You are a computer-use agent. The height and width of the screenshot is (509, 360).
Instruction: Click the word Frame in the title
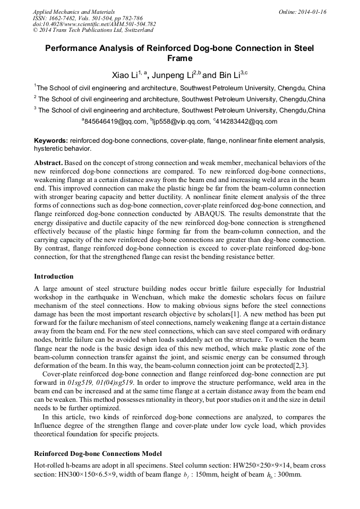[179, 58]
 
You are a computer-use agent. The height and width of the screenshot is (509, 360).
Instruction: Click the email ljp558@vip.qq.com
[182, 122]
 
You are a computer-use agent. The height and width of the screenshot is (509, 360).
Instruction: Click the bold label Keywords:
[51, 141]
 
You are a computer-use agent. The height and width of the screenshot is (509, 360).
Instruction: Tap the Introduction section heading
[54, 277]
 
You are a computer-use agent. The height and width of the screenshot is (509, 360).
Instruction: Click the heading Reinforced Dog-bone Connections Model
[97, 454]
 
